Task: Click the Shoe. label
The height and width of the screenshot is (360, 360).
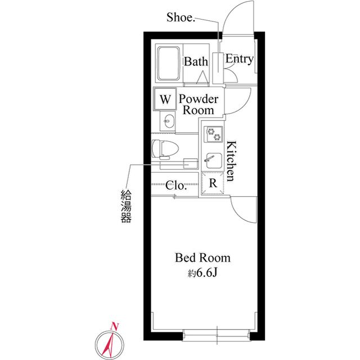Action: [x=181, y=17]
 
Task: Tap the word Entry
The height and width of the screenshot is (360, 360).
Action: [x=240, y=58]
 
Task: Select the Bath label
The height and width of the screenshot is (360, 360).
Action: [x=196, y=61]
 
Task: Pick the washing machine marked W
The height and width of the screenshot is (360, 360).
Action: [x=165, y=99]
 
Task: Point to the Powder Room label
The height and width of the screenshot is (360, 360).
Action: [x=199, y=105]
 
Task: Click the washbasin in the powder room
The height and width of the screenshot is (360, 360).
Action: [x=168, y=121]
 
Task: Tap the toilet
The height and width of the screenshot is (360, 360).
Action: [x=165, y=149]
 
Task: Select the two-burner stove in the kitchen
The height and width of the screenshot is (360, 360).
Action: [x=214, y=134]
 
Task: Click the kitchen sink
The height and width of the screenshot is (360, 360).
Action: [x=214, y=160]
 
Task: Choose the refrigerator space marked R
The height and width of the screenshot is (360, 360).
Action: [x=213, y=183]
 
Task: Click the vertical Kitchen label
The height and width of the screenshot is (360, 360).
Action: [x=231, y=161]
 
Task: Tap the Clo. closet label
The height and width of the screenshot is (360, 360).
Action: [x=176, y=185]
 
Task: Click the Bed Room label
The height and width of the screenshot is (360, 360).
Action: [x=202, y=258]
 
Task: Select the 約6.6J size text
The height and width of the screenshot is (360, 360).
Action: [x=202, y=273]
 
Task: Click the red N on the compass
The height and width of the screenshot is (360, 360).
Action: [x=114, y=326]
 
